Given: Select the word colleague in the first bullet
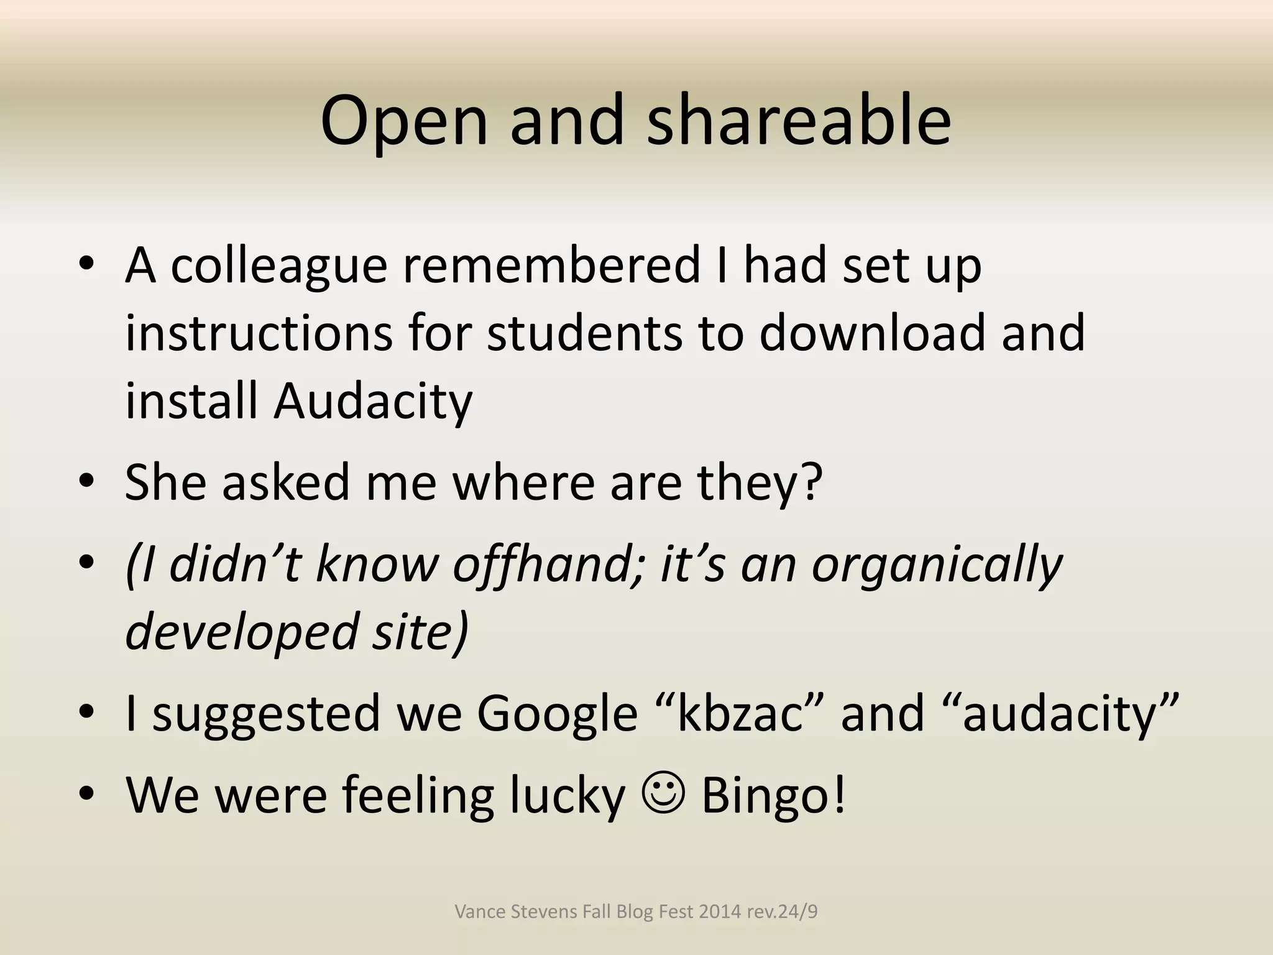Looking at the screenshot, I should [x=279, y=265].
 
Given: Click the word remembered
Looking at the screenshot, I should [x=551, y=265].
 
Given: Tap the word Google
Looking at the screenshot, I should [x=557, y=713].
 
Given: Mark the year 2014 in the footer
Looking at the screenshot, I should [x=720, y=911].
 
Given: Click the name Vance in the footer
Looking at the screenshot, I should [x=475, y=911].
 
